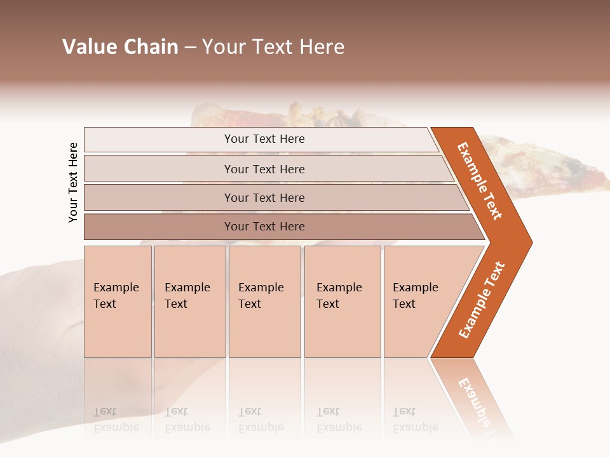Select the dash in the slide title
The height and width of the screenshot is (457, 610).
[190, 48]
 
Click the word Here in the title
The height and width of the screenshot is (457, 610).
[322, 47]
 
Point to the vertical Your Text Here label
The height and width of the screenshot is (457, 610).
[73, 182]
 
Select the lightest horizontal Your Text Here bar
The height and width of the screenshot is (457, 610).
[264, 139]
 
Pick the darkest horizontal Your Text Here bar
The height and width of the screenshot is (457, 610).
[264, 227]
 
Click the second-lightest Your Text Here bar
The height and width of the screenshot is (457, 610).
[264, 169]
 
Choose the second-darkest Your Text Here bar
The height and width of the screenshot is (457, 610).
[264, 198]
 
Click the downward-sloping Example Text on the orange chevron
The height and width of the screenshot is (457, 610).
[480, 181]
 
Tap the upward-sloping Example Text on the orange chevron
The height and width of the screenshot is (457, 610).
[482, 300]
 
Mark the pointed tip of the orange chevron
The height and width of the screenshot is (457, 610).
[531, 242]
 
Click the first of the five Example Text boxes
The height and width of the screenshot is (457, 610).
[118, 301]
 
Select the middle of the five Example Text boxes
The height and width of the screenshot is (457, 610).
[264, 301]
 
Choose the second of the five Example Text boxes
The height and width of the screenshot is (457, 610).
[190, 301]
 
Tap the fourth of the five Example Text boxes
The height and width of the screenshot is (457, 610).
[342, 301]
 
